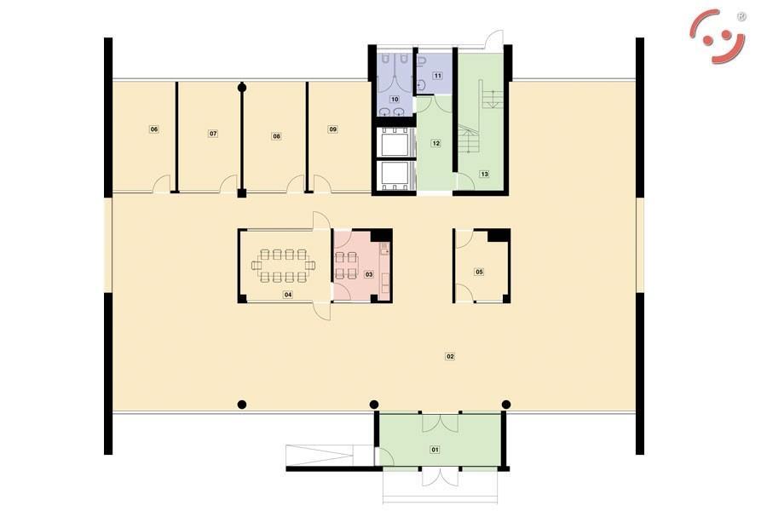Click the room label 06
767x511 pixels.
tap(154, 129)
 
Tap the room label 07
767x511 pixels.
tap(213, 134)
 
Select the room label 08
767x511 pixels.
tap(276, 136)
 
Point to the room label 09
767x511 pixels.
tap(333, 129)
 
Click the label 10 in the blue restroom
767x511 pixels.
tap(395, 100)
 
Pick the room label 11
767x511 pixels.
tap(438, 76)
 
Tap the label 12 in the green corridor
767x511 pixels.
tap(435, 143)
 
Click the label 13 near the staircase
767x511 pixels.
tap(484, 174)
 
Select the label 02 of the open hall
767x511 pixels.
tap(450, 357)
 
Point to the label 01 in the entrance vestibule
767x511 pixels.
tap(435, 450)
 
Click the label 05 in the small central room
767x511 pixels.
tap(479, 272)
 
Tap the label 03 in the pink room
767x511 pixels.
tap(369, 274)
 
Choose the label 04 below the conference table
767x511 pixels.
tap(288, 295)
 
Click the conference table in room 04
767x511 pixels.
tap(284, 266)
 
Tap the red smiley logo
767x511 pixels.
tap(718, 37)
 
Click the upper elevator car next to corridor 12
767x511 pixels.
tap(395, 142)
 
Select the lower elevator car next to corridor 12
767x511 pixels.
tap(395, 175)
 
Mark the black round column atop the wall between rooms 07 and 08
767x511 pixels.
tap(242, 88)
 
